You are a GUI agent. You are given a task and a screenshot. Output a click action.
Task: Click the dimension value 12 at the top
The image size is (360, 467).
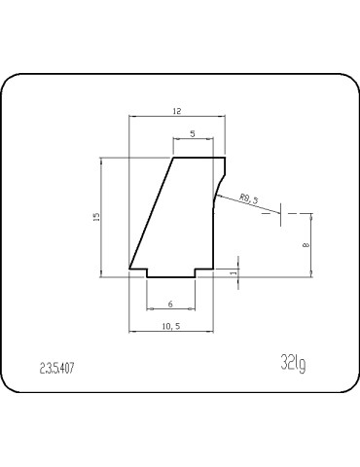coord(177,112)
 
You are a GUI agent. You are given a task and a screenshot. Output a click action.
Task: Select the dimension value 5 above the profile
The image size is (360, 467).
coord(192,132)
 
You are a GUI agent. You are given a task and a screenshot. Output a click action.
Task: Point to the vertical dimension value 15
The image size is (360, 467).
coord(94,218)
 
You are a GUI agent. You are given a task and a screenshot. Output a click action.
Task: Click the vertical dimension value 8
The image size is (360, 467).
coord(306,245)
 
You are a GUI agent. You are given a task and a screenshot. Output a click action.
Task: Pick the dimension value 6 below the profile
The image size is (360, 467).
coord(171,303)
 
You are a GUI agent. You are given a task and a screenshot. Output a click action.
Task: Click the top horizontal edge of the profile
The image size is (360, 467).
coord(198,157)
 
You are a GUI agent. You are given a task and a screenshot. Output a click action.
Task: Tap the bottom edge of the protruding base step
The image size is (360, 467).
coord(171,277)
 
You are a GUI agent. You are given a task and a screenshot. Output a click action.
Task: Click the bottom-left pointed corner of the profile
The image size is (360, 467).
coord(130,269)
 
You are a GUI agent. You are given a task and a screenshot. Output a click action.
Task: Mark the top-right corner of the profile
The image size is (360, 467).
coord(225,157)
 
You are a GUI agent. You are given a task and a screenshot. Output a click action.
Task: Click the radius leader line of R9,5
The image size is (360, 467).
coord(243,207)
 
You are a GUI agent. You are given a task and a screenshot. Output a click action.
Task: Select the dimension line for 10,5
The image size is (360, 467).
coord(171,332)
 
